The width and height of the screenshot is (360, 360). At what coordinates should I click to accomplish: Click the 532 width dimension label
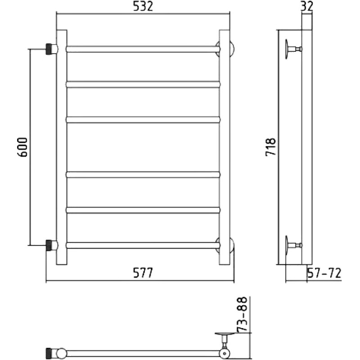click(143, 6)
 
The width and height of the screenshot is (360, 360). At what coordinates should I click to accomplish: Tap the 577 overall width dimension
click(143, 273)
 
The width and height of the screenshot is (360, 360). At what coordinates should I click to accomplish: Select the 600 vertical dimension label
click(22, 147)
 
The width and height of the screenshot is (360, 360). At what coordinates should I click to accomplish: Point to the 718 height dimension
click(270, 147)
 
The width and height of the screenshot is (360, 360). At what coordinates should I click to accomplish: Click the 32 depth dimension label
click(306, 6)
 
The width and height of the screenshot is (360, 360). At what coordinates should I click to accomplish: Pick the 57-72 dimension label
click(324, 273)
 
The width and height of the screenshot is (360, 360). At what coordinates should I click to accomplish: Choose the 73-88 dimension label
click(242, 314)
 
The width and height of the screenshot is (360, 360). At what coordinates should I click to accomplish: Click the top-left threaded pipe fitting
click(52, 49)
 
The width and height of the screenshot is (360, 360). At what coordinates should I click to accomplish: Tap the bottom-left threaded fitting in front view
click(52, 245)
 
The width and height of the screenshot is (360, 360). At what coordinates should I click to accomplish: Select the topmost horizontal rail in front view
click(143, 49)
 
